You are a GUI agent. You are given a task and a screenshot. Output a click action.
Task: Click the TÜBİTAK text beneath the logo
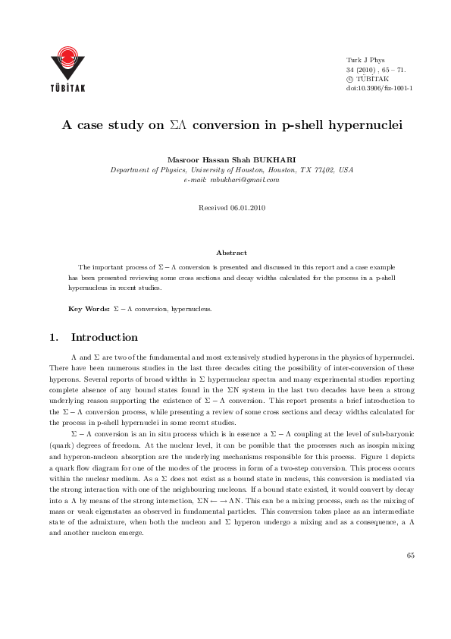coord(67,87)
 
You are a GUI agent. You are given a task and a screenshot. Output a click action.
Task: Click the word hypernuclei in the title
coord(353,125)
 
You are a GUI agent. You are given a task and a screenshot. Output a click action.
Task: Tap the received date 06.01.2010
coord(247,207)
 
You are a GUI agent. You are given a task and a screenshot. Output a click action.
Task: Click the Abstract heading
coord(231,253)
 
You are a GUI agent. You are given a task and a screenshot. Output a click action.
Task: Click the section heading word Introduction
coord(104,337)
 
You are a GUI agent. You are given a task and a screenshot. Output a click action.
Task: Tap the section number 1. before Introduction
coord(54,337)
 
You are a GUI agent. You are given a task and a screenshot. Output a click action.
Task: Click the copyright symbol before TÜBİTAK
coord(349,78)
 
